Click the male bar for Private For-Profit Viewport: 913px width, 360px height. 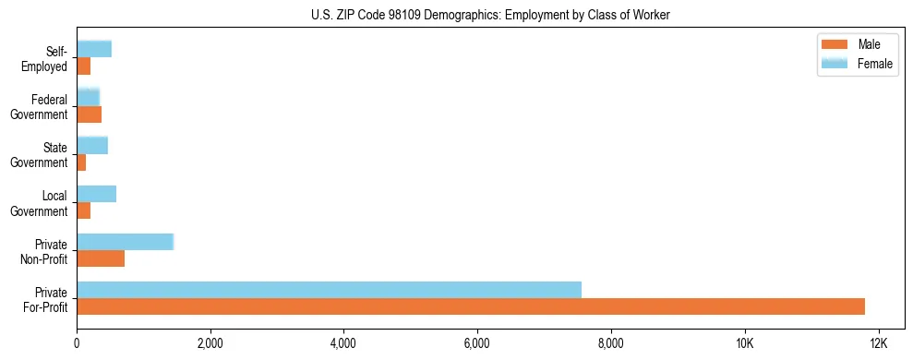[471, 306]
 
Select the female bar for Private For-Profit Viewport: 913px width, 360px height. [329, 290]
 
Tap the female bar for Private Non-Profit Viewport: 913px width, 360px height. [125, 242]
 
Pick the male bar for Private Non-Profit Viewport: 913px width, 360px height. [101, 258]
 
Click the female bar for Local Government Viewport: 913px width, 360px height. [96, 194]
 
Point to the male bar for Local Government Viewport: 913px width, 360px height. [84, 210]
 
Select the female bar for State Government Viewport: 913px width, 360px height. [92, 145]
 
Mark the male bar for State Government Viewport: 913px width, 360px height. [81, 162]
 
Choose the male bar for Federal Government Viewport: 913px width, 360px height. [89, 114]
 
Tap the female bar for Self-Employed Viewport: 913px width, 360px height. [94, 49]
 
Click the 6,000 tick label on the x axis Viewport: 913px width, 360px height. [477, 343]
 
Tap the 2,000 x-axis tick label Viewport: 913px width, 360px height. [210, 343]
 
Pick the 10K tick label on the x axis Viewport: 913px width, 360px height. [744, 343]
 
